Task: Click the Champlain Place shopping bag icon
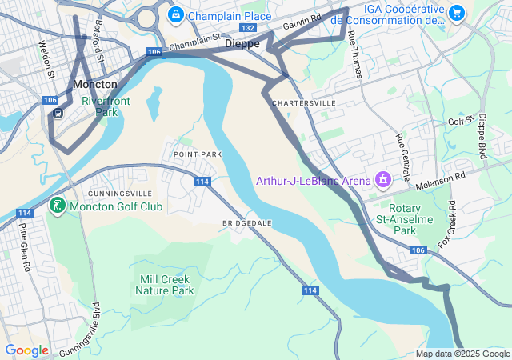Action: coord(175,15)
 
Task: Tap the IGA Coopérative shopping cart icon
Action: coord(456,13)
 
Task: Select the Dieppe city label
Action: coord(242,44)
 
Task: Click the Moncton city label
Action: coord(94,84)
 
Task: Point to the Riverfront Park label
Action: coord(100,106)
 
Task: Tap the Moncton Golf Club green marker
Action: coord(57,206)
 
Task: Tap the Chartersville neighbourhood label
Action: coord(303,104)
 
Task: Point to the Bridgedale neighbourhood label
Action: coord(247,222)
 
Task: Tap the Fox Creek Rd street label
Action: coord(452,223)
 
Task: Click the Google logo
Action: coord(26,350)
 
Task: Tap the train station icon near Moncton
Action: coord(58,113)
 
